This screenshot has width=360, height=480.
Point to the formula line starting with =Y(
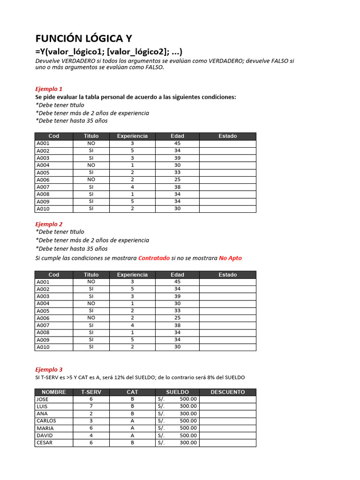[x=109, y=52]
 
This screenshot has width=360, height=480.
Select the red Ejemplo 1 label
[x=49, y=89]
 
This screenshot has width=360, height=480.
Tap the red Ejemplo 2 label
[x=49, y=224]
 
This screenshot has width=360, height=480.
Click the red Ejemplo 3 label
[x=49, y=369]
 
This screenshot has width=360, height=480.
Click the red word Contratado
[x=154, y=258]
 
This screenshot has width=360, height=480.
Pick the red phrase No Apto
[x=230, y=258]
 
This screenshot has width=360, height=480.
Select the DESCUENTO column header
[x=227, y=392]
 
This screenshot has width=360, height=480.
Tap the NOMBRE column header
[x=54, y=392]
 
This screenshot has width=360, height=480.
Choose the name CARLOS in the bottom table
[x=45, y=421]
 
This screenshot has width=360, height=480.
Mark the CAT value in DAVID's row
[x=132, y=435]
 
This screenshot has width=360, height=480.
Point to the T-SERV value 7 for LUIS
[x=91, y=406]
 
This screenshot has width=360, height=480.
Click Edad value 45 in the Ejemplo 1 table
[x=177, y=143]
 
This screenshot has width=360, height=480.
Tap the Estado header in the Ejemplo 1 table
[x=227, y=136]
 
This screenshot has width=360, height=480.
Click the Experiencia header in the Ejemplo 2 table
[x=132, y=275]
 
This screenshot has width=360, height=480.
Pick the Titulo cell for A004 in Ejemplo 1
[x=91, y=165]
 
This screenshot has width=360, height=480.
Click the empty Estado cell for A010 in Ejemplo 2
[x=227, y=347]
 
